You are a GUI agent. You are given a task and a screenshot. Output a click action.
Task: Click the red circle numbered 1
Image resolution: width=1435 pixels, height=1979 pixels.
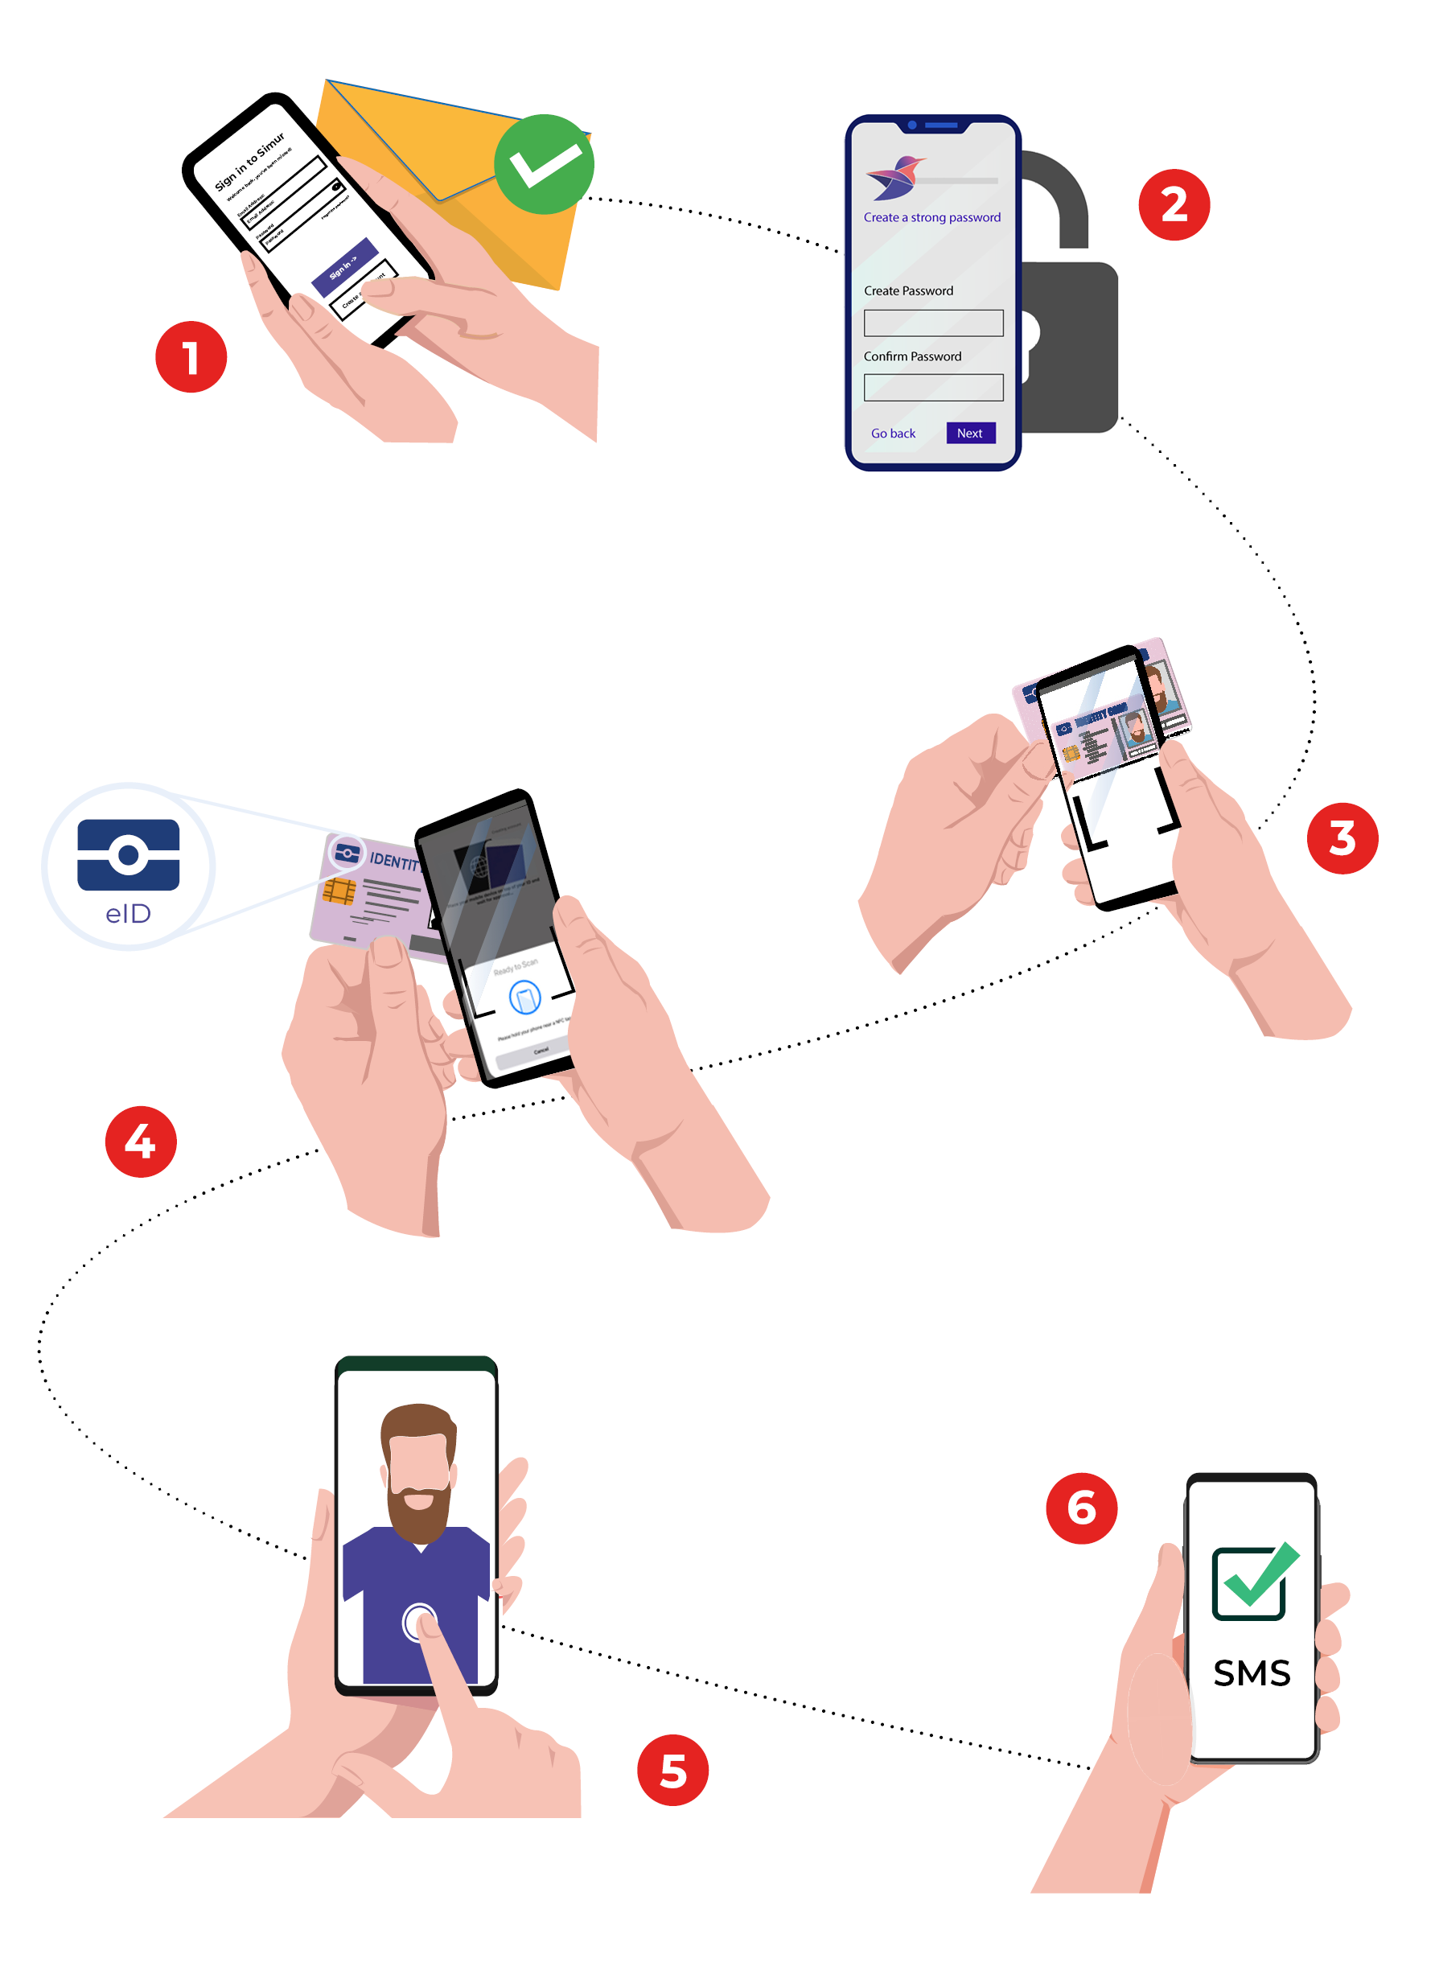click(x=191, y=357)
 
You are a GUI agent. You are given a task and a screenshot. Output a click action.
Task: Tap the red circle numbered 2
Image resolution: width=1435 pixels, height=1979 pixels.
click(x=1174, y=205)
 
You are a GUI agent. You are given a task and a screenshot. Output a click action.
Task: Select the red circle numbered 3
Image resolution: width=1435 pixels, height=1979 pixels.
click(x=1342, y=837)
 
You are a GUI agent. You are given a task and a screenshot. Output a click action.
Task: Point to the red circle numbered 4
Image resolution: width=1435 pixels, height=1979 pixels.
click(x=141, y=1142)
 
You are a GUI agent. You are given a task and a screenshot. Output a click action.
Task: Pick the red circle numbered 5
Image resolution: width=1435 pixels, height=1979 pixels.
click(x=672, y=1770)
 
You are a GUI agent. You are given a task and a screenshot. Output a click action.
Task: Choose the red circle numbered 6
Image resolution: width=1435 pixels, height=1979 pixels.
click(x=1081, y=1508)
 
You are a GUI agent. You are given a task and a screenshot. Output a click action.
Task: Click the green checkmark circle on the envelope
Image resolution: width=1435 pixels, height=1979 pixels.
click(x=544, y=164)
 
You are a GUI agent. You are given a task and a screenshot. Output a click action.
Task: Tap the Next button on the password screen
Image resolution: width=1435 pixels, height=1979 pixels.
click(x=970, y=433)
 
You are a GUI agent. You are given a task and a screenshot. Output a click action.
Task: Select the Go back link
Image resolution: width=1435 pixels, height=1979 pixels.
click(x=892, y=434)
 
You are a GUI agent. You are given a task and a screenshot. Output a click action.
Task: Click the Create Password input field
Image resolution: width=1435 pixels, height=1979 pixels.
click(x=932, y=323)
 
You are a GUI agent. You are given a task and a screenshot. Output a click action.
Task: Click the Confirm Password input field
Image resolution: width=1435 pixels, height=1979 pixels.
click(x=932, y=388)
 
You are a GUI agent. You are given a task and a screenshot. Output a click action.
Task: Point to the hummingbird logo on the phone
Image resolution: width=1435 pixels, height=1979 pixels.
click(x=895, y=177)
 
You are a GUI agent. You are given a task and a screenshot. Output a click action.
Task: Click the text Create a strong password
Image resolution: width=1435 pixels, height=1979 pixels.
click(x=931, y=217)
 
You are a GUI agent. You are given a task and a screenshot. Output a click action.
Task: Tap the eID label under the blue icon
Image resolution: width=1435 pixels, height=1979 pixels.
click(x=128, y=914)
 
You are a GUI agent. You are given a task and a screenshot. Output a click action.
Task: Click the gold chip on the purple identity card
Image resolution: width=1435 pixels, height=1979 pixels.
click(x=339, y=892)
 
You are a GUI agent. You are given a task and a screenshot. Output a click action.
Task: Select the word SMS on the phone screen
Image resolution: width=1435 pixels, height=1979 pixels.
click(x=1251, y=1673)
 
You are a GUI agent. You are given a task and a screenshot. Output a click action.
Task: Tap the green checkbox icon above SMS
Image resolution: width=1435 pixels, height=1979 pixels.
click(x=1252, y=1581)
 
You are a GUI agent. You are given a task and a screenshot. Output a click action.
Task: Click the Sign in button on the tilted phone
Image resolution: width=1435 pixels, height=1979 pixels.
click(x=344, y=265)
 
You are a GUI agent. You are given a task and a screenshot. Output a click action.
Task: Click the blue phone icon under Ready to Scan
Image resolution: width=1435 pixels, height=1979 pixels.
click(x=524, y=997)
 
